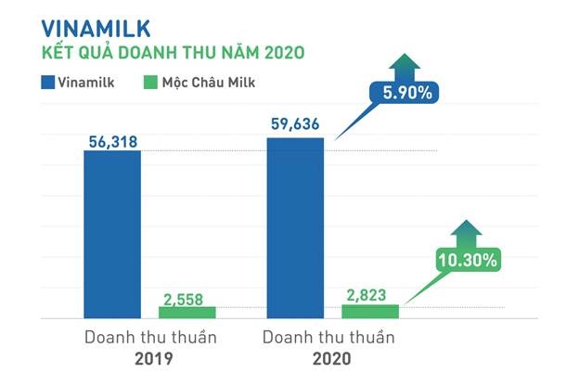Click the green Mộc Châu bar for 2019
point(187,313)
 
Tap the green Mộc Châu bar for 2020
point(369,311)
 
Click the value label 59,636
point(295,124)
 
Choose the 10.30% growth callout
point(469,261)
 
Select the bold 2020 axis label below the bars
point(332,357)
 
